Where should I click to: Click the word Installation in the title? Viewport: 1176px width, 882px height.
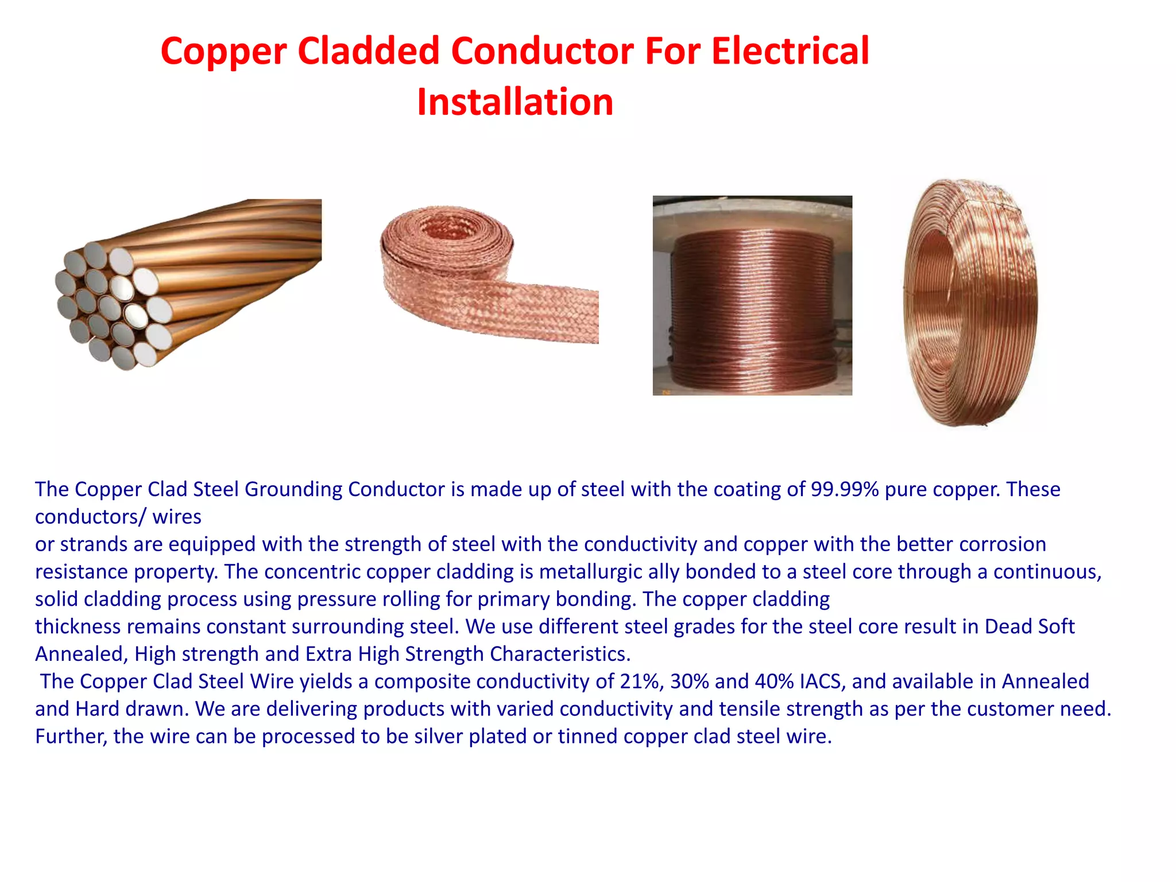[515, 102]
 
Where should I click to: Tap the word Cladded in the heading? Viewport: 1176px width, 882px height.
[369, 51]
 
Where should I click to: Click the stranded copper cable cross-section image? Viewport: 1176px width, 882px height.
[184, 284]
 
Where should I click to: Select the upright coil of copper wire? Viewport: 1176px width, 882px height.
[970, 303]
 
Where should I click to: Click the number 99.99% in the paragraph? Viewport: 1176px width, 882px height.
[845, 489]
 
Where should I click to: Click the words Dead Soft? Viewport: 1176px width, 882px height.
[1029, 626]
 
